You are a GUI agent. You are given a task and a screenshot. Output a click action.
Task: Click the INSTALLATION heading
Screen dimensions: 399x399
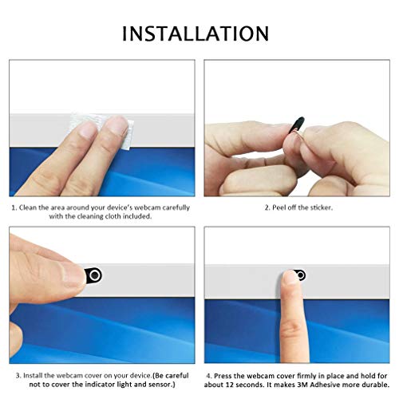(x=196, y=34)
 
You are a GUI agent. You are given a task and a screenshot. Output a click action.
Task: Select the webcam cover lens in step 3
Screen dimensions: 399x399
(x=95, y=275)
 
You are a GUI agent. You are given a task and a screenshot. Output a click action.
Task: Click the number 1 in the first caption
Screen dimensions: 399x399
(x=13, y=207)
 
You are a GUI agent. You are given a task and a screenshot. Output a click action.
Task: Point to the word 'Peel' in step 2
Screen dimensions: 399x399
(x=283, y=207)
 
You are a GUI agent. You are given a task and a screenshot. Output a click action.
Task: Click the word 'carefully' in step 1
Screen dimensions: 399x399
(x=172, y=207)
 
